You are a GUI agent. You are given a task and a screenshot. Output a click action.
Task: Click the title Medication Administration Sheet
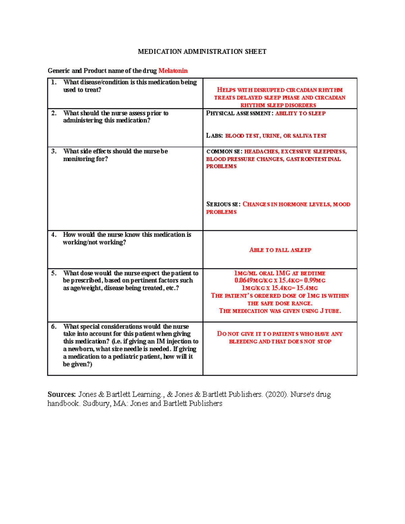202,52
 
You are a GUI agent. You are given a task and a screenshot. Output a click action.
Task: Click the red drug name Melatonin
173,71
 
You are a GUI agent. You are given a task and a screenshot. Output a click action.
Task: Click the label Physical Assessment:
240,113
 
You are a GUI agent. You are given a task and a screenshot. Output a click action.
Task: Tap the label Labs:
214,136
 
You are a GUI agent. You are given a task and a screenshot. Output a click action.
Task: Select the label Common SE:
224,151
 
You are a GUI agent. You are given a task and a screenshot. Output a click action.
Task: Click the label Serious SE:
223,204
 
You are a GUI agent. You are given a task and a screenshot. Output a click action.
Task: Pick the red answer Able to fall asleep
280,250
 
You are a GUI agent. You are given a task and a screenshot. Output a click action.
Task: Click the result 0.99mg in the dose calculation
315,280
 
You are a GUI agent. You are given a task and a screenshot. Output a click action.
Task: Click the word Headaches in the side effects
261,151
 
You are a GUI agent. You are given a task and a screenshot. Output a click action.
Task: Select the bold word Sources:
62,394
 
